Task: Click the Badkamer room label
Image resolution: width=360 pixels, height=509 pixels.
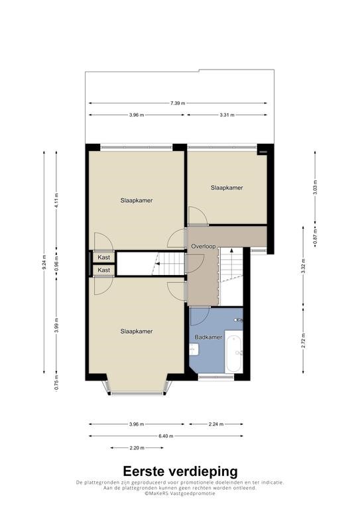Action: [208, 337]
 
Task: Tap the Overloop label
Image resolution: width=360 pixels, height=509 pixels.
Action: [204, 247]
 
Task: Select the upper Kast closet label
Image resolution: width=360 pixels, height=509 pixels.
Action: [104, 257]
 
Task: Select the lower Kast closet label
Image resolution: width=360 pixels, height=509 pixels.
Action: [104, 270]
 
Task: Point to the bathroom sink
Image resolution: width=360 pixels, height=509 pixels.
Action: [194, 350]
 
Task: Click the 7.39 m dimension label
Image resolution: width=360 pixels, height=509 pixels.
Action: [178, 103]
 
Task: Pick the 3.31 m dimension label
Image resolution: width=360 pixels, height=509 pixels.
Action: [227, 115]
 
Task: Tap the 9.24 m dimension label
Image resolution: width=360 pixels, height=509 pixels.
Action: [44, 262]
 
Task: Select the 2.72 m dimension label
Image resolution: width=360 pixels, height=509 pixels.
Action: [303, 341]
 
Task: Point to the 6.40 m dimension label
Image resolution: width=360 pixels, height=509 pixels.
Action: [166, 436]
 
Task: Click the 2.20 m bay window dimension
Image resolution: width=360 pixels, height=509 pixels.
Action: [137, 448]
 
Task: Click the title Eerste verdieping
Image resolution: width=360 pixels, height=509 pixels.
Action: [180, 471]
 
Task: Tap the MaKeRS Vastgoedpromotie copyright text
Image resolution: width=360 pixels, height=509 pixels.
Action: [180, 493]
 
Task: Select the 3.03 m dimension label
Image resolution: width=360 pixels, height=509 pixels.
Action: [315, 188]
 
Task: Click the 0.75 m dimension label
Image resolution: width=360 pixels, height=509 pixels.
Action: [56, 382]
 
